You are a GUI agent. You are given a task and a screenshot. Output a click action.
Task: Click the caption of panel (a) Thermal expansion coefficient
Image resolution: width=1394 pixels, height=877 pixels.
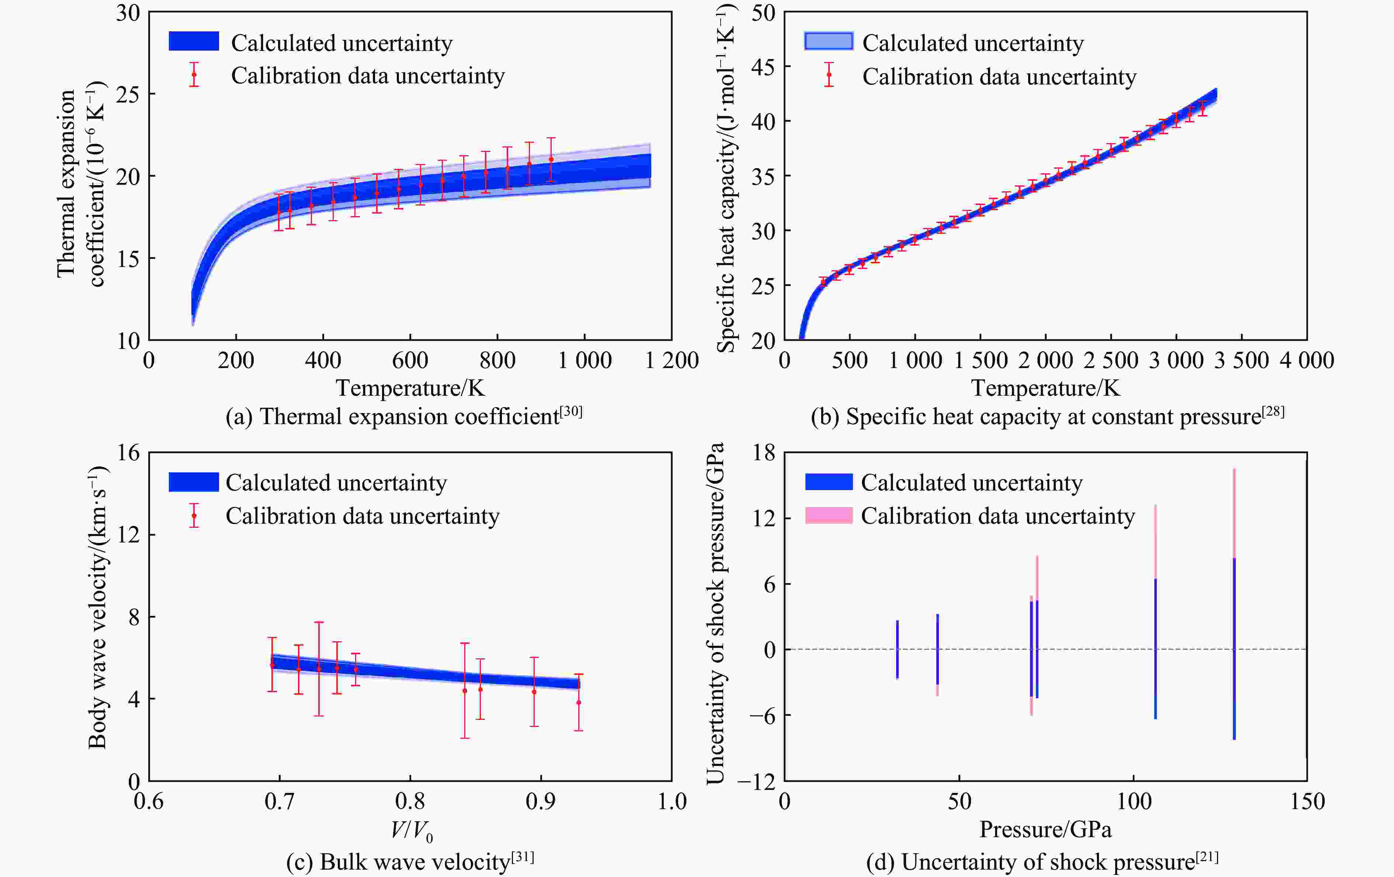(403, 417)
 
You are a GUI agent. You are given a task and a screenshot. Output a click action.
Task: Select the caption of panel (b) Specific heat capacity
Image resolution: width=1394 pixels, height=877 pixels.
(1047, 417)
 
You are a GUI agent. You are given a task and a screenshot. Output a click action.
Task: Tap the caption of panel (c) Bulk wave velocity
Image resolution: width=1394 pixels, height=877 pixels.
(410, 862)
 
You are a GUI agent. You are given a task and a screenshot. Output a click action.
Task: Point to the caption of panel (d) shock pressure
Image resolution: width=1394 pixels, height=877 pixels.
(1042, 862)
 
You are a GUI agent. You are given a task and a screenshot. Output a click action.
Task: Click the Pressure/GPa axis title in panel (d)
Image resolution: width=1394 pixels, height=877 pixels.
(1045, 829)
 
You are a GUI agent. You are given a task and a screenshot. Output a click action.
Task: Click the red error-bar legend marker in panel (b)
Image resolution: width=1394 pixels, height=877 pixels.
(829, 74)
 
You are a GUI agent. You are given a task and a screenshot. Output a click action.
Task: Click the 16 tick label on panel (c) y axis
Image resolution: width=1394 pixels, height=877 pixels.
(128, 452)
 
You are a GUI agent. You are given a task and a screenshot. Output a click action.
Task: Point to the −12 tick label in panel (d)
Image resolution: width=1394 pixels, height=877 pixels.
(756, 781)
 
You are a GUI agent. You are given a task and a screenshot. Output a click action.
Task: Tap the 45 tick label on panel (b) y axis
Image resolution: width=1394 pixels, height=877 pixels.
(763, 67)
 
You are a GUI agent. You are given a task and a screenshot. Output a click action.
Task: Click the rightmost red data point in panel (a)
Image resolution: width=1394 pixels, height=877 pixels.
(551, 159)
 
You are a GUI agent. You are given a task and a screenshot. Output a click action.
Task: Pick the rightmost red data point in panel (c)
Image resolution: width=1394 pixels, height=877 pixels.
(578, 702)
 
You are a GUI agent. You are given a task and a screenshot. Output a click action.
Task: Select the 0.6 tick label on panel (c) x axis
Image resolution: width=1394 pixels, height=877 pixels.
(149, 801)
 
